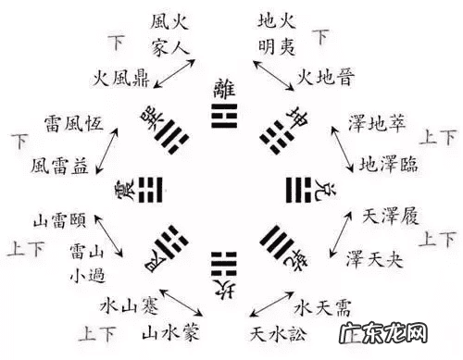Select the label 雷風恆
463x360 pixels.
[x=72, y=123]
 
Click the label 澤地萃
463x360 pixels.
[x=376, y=122]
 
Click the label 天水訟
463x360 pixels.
[x=278, y=330]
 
